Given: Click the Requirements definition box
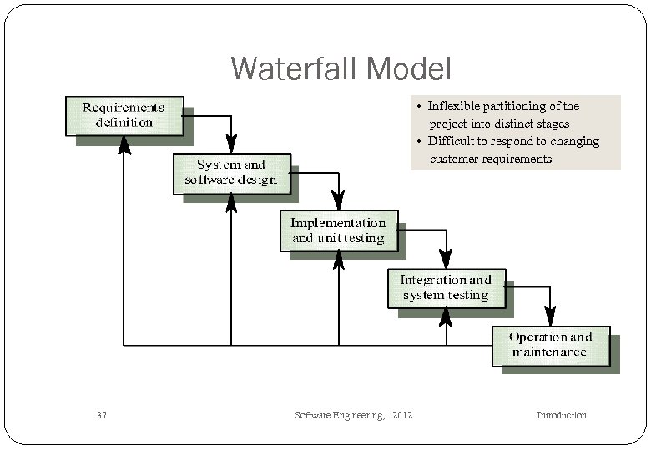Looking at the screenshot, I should point(124,115).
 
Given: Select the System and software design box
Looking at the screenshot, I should point(231,173).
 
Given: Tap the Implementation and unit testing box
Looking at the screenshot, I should point(338,231).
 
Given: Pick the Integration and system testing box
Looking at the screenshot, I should point(446,287).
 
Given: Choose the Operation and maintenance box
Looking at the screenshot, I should point(551,345).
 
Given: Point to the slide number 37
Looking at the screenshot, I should point(102,415).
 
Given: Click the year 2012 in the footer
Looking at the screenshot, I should point(401,415).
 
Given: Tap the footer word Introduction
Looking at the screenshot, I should point(561,415).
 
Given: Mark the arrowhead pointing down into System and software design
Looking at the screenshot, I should point(231,144).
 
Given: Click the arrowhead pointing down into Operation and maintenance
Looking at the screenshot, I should point(550,317).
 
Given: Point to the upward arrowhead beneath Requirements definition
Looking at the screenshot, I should point(124,145).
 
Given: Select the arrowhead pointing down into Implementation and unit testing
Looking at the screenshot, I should point(338,201).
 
